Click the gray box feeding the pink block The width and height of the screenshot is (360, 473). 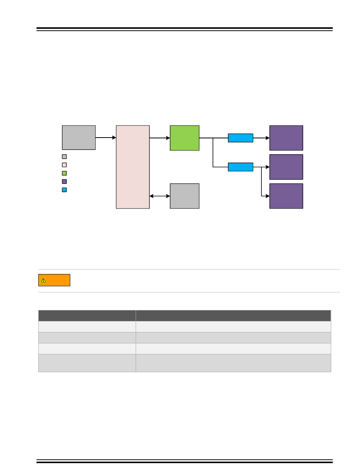(79, 138)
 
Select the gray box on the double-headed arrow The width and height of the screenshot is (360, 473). (185, 196)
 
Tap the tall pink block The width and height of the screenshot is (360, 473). (133, 167)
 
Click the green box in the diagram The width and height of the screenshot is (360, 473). (185, 138)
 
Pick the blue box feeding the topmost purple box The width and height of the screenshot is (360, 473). (241, 138)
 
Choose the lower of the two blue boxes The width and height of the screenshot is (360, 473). (241, 167)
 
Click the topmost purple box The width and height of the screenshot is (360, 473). (286, 138)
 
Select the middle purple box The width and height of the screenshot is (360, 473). (286, 167)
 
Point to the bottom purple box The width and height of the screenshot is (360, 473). (286, 196)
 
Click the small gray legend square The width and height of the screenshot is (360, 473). (64, 157)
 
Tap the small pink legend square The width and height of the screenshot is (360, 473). (64, 165)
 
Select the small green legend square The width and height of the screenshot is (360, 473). (64, 173)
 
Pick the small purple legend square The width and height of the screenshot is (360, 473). (64, 182)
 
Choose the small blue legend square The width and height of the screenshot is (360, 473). (64, 190)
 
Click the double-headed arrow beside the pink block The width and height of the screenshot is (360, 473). (160, 196)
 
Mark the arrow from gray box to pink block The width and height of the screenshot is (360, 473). (106, 138)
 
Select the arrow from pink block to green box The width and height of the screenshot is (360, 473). (160, 138)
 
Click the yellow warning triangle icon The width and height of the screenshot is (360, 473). (44, 280)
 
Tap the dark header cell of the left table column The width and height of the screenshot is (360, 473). (87, 316)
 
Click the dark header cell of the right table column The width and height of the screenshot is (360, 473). (233, 316)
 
